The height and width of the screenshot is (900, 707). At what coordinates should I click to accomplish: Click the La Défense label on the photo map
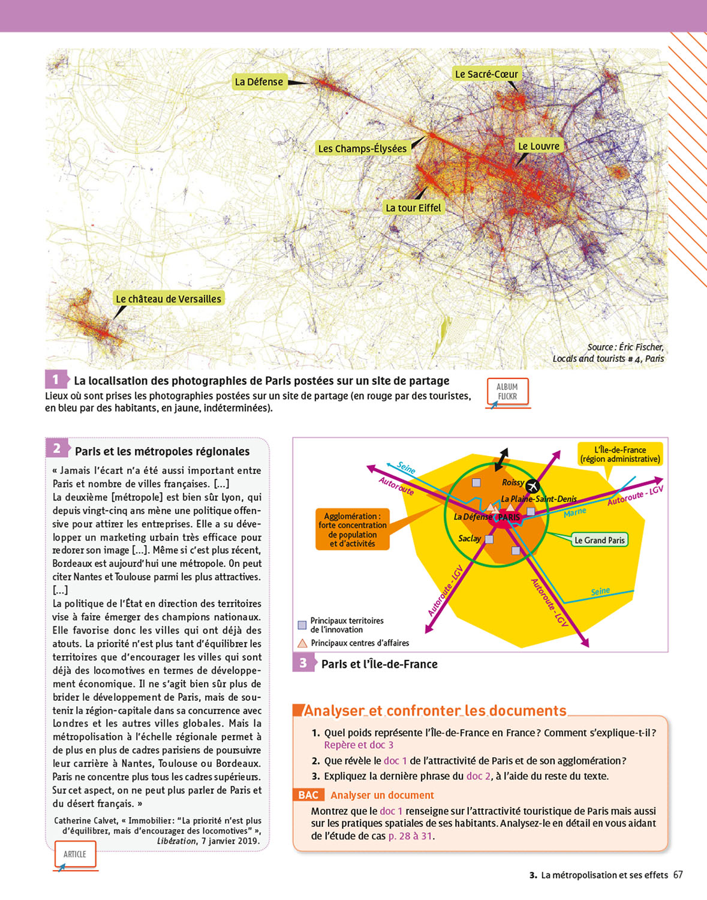pyautogui.click(x=258, y=82)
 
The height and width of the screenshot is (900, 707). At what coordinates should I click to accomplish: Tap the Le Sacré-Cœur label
pyautogui.click(x=486, y=74)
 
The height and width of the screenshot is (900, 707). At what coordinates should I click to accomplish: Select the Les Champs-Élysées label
pyautogui.click(x=362, y=149)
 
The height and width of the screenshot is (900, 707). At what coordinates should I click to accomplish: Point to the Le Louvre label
pyautogui.click(x=538, y=146)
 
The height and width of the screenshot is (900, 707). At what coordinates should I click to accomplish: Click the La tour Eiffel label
pyautogui.click(x=413, y=208)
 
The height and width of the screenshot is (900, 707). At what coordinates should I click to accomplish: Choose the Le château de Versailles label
pyautogui.click(x=169, y=299)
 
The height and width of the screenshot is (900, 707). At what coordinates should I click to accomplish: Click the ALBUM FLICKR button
pyautogui.click(x=507, y=392)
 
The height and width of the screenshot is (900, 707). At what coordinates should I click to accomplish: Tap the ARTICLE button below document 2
pyautogui.click(x=75, y=854)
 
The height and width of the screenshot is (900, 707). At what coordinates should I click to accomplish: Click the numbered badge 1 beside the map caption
pyautogui.click(x=56, y=379)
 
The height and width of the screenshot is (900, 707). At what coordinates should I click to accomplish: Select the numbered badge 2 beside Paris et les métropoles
pyautogui.click(x=56, y=448)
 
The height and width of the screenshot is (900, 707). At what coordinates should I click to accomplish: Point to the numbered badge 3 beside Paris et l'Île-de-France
pyautogui.click(x=303, y=663)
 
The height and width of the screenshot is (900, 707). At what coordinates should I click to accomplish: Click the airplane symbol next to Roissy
pyautogui.click(x=532, y=485)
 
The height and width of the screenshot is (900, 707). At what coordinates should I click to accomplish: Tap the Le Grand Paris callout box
pyautogui.click(x=599, y=540)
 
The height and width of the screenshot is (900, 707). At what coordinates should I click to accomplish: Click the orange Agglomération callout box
pyautogui.click(x=353, y=530)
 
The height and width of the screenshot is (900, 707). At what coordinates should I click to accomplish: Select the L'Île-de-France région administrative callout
pyautogui.click(x=620, y=454)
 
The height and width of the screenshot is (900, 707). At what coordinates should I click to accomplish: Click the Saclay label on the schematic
pyautogui.click(x=470, y=539)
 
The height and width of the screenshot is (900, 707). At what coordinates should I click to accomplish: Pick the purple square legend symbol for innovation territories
pyautogui.click(x=302, y=625)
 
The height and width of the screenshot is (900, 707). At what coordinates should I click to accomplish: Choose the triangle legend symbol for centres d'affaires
pyautogui.click(x=302, y=643)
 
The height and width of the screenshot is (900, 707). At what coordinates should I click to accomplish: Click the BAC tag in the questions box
pyautogui.click(x=308, y=795)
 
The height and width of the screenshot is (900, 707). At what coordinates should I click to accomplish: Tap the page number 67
pyautogui.click(x=678, y=875)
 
